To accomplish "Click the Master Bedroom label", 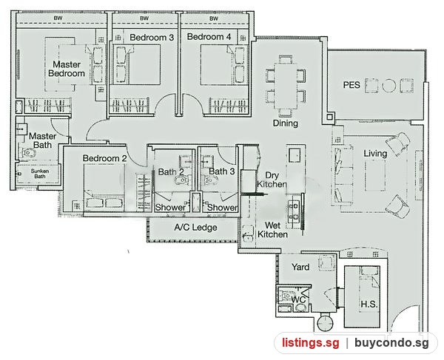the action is coord(67,69).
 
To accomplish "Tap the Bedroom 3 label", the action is coord(152,37).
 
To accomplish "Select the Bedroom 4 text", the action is coord(209,37).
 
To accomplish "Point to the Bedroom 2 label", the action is coord(104,158).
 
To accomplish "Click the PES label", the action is coord(351,85).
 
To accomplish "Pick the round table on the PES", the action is coord(388,86).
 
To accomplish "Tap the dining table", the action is coord(286,86).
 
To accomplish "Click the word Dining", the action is coord(286,123).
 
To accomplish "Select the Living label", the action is coord(375,154).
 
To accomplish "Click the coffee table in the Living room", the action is coord(375,176).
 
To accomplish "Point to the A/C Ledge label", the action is coord(195,228).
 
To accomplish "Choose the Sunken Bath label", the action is coord(40,174).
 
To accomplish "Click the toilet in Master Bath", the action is coord(29,153).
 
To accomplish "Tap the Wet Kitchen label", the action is coord(272,230).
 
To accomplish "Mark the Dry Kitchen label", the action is coord(272,180).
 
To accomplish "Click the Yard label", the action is coord(300,267).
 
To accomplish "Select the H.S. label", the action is coord(369,305).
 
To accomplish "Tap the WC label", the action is coord(298,299).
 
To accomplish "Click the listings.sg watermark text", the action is coord(310,343).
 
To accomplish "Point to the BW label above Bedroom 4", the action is coord(214,18).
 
